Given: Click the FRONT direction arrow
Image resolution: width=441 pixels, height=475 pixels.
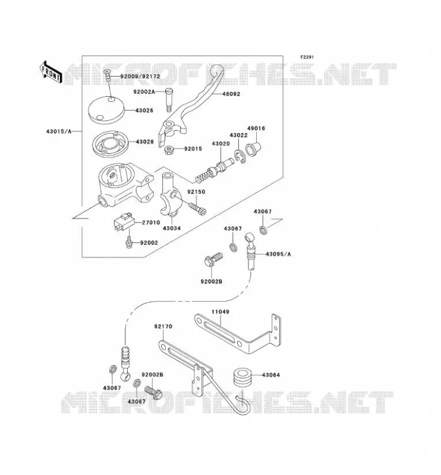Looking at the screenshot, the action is point(51,72).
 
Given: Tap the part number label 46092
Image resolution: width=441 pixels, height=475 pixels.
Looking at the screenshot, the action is point(231,94).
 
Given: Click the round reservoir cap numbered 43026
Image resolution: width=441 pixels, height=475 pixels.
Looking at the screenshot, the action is point(106,110).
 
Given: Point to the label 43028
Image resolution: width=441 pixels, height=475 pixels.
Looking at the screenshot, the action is point(144,141).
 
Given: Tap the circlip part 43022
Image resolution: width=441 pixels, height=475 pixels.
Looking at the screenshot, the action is point(240,157).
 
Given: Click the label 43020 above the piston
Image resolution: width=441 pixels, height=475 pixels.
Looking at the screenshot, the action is point(220,144).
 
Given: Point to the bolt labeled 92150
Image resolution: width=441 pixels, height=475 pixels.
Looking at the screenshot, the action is point(197,208).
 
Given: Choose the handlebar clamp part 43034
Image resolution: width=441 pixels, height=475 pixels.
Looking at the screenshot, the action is point(171,195).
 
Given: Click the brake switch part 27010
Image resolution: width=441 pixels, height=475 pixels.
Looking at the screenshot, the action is point(124,223).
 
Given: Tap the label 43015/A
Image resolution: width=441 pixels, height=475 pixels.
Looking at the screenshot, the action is point(59,131).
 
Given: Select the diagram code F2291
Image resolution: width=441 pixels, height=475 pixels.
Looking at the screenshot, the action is point(307,57).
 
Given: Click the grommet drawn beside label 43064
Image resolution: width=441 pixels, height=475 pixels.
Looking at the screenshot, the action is point(243,377).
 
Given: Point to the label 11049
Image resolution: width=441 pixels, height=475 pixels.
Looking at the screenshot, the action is point(220,312).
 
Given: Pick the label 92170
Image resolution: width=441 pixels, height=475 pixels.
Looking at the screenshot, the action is point(163,326).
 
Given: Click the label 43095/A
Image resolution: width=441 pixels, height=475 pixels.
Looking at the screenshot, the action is point(278,254).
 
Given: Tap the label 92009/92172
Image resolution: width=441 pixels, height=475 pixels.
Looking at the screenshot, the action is point(140,77).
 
